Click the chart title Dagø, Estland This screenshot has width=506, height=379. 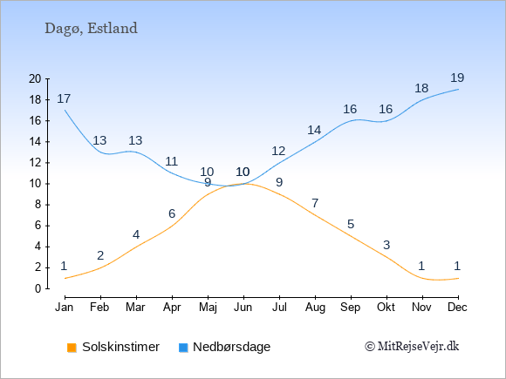(x=91, y=29)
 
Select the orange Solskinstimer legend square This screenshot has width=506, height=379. (x=72, y=348)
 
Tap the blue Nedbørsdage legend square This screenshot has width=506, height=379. (x=183, y=348)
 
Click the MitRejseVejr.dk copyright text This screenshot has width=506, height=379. (x=412, y=346)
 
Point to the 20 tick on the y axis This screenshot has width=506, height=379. (x=35, y=78)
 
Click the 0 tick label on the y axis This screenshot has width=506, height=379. (x=38, y=288)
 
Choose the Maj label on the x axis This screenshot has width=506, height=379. (x=208, y=308)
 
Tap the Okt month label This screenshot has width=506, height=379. (x=386, y=308)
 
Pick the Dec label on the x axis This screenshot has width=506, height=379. (x=458, y=308)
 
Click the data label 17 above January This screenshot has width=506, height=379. (x=64, y=98)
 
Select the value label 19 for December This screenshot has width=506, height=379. (x=457, y=78)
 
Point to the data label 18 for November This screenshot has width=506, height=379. (x=421, y=88)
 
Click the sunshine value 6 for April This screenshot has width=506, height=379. (x=172, y=213)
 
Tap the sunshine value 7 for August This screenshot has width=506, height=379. (x=315, y=203)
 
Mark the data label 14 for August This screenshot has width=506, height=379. (x=314, y=130)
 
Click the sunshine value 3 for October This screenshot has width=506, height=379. (x=386, y=245)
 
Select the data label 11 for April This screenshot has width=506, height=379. (x=171, y=161)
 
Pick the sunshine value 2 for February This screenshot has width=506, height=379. (x=100, y=255)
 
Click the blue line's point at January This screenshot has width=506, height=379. (x=65, y=111)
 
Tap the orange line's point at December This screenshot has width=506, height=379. (x=458, y=278)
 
